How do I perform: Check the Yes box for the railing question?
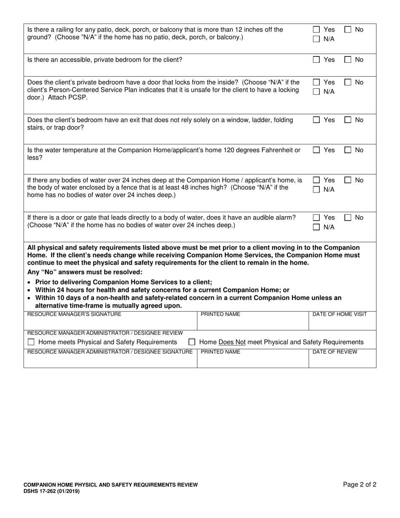(x=316, y=30)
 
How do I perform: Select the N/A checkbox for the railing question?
(x=316, y=39)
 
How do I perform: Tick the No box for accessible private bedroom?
(x=348, y=60)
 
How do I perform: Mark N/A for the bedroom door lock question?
(x=316, y=92)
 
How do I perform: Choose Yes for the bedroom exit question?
(x=316, y=120)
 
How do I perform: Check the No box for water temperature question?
(x=348, y=150)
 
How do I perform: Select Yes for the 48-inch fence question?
(x=316, y=180)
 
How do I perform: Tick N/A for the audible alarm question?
(x=316, y=227)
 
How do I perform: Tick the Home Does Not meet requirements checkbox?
(x=192, y=342)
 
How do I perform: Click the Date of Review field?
(x=342, y=360)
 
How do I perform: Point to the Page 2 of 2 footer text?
(x=360, y=485)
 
